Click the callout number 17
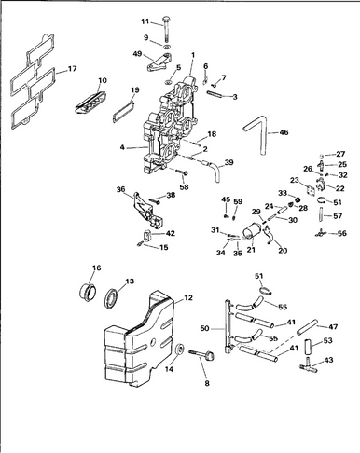72,68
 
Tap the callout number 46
284,132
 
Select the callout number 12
188,297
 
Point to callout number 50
205,328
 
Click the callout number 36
121,189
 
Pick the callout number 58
185,187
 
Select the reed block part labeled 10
90,102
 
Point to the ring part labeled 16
87,292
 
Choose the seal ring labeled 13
111,299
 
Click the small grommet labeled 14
179,350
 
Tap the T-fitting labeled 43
309,364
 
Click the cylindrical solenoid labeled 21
253,231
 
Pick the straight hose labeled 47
308,326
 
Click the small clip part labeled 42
146,235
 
